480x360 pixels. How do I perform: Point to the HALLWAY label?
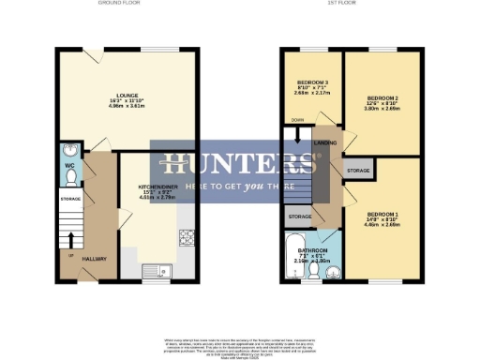click(92, 258)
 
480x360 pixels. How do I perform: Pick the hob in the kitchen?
click(187, 237)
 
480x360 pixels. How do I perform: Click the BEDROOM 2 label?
click(382, 98)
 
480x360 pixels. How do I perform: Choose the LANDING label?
click(325, 142)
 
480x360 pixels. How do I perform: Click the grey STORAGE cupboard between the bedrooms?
click(358, 171)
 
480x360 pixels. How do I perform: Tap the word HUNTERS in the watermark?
click(239, 163)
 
